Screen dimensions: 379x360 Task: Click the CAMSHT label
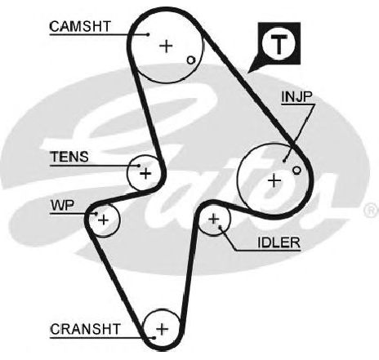80,26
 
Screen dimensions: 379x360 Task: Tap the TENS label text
69,157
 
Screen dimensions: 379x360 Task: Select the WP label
62,206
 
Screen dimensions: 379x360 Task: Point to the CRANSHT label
85,329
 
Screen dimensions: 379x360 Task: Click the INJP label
297,96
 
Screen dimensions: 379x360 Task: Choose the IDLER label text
279,242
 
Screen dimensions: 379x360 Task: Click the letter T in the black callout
279,45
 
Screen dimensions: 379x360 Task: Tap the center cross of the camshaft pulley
166,46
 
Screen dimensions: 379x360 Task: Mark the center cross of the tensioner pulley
145,173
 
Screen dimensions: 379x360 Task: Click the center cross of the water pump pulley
103,220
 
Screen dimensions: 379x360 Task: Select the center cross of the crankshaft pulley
162,329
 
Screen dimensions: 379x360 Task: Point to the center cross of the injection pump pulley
274,180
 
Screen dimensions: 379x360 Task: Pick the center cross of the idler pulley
214,219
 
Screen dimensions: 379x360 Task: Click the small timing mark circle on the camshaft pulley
191,60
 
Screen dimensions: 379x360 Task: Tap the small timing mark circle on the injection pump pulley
297,171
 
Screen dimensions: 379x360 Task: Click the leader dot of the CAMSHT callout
148,34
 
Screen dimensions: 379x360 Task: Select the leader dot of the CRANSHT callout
154,338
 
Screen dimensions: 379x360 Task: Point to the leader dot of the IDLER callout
221,226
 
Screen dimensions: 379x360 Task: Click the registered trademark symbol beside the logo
371,211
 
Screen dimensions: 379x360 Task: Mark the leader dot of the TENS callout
139,166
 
